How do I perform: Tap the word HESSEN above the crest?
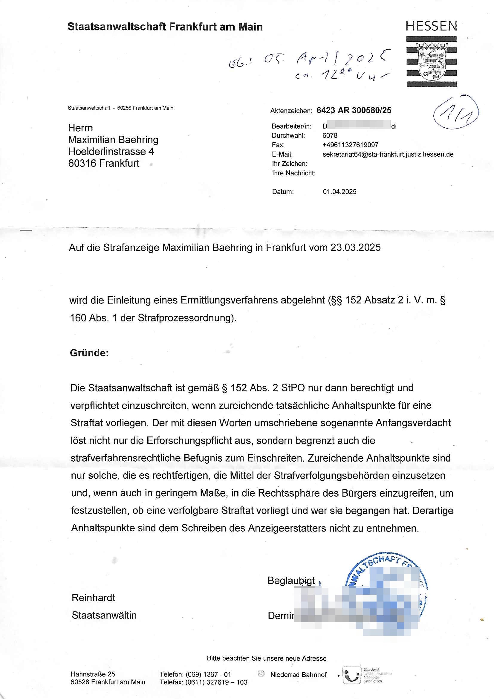click(x=431, y=27)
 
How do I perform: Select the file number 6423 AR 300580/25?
click(x=354, y=111)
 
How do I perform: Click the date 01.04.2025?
click(x=339, y=192)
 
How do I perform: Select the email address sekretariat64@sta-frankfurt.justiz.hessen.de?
click(x=388, y=154)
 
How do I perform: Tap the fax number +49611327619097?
click(x=350, y=145)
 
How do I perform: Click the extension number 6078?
click(x=330, y=135)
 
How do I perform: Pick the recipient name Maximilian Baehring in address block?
click(x=113, y=140)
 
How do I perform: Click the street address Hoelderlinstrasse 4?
click(x=111, y=152)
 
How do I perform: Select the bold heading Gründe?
click(x=89, y=353)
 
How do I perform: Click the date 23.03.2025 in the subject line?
click(x=356, y=248)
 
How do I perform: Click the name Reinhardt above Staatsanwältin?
click(x=94, y=598)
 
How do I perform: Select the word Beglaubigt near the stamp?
click(x=291, y=581)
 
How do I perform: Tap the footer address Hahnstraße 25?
click(x=93, y=674)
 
